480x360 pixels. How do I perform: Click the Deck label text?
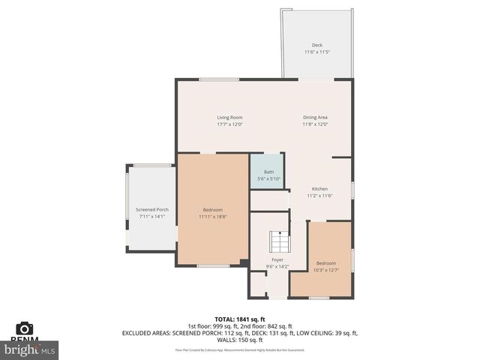tap(317, 45)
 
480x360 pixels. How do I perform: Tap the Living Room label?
tap(229, 117)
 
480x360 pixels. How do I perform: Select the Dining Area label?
tap(315, 117)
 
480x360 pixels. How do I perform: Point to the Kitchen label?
tap(319, 188)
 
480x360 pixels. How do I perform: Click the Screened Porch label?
tap(151, 209)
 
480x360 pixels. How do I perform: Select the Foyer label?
tap(277, 259)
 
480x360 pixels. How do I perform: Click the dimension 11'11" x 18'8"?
tap(212, 217)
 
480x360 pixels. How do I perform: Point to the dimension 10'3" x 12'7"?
tap(325, 270)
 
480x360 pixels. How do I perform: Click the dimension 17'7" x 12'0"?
tap(229, 124)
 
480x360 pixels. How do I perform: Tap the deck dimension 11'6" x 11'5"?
tap(317, 52)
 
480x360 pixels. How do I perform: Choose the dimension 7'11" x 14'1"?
tap(151, 217)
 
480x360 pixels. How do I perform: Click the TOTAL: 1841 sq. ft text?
tap(240, 319)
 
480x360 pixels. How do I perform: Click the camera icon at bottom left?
tap(24, 328)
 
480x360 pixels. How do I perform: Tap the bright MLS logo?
tap(30, 349)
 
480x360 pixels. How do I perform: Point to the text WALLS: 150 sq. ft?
tap(240, 340)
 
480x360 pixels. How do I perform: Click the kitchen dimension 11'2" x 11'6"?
tap(319, 196)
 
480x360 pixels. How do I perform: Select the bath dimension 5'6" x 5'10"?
tap(268, 178)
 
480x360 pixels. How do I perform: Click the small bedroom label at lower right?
tap(325, 262)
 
